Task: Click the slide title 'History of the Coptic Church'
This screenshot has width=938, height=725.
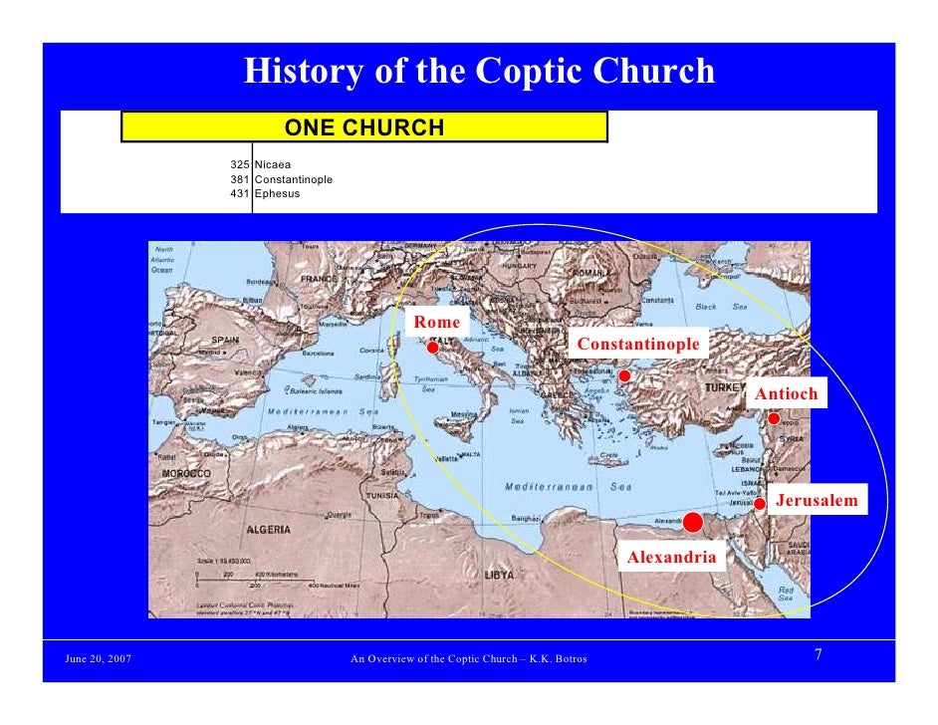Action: coord(479,72)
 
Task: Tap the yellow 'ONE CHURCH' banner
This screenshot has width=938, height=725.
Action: coord(364,127)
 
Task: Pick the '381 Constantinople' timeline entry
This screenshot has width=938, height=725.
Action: coord(282,179)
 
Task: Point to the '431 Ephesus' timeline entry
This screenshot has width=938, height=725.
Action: coord(266,193)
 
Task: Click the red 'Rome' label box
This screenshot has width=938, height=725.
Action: coord(437,323)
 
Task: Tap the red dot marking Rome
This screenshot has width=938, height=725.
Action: coord(433,348)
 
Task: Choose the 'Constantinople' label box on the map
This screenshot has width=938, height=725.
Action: coord(638,345)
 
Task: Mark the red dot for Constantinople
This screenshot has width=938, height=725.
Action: coord(624,376)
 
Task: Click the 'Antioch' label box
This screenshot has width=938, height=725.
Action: coord(786,394)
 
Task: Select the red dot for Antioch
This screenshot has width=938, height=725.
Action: coord(774,419)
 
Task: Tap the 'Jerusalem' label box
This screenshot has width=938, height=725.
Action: coord(817,500)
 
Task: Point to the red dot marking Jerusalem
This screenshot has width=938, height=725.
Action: coord(760,504)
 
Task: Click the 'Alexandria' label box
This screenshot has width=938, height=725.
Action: coord(671,558)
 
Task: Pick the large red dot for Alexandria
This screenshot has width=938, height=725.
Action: coord(693,522)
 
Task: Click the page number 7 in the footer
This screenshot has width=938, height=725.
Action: coord(818,654)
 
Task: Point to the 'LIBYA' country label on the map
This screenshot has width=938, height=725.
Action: coord(499,576)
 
